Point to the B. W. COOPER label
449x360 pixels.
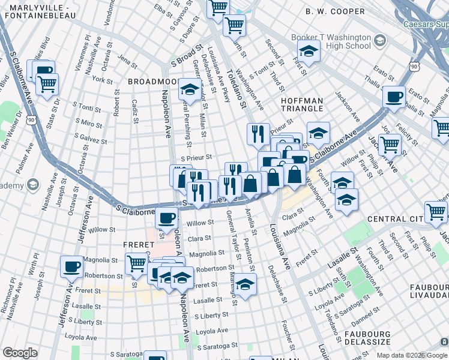click(x=334, y=11)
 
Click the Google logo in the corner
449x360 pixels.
click(x=20, y=353)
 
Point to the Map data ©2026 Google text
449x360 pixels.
click(x=412, y=355)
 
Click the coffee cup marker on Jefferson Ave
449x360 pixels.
click(x=71, y=266)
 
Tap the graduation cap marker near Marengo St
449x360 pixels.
click(x=245, y=284)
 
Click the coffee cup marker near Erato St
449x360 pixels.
click(x=394, y=97)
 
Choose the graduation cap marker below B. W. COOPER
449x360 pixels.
click(x=309, y=52)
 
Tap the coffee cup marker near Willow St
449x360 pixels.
click(x=166, y=218)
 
